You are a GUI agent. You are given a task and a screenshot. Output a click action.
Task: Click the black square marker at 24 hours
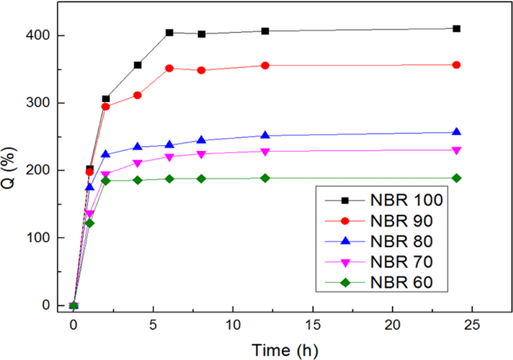(x=457, y=29)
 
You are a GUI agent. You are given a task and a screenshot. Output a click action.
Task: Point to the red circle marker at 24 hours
(x=457, y=65)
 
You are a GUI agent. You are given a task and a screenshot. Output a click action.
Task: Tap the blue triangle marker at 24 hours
(x=457, y=132)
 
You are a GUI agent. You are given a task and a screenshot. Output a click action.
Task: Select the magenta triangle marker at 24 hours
(x=457, y=151)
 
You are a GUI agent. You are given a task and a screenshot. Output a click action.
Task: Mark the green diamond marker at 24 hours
(x=457, y=178)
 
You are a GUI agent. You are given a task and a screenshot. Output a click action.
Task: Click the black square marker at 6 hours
(x=169, y=33)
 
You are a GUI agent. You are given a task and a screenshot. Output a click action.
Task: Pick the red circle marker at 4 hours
(x=138, y=95)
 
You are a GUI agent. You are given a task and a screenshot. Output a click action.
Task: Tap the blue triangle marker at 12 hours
(x=265, y=135)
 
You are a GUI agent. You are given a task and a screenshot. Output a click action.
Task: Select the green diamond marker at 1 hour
(x=89, y=223)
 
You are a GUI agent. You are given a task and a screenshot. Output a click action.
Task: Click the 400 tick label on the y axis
(x=38, y=35)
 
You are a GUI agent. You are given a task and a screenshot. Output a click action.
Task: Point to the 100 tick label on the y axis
(x=38, y=238)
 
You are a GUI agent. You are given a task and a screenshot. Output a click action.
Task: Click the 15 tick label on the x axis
(x=313, y=325)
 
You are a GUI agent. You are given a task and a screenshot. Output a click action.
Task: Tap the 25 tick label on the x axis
(x=472, y=325)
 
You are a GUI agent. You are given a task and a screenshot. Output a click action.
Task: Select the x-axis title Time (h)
(x=285, y=351)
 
